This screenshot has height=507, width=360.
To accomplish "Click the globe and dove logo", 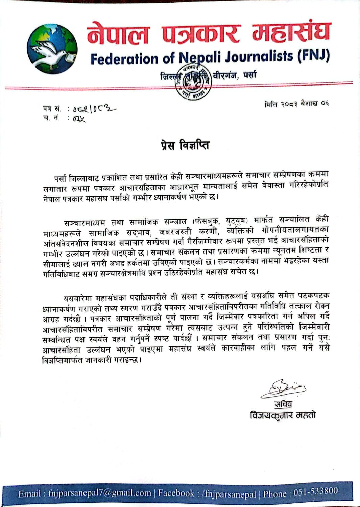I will pyautogui.click(x=52, y=49).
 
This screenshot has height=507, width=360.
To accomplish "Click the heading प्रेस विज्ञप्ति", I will pyautogui.click(x=185, y=145).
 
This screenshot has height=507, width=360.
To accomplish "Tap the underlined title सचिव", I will pyautogui.click(x=283, y=404).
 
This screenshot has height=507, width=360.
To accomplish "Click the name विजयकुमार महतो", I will pyautogui.click(x=283, y=415).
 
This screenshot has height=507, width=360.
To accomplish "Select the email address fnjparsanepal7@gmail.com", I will pyautogui.click(x=100, y=493).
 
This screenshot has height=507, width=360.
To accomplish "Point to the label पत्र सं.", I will pyautogui.click(x=52, y=109).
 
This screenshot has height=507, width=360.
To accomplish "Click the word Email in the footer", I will pyautogui.click(x=30, y=494).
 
